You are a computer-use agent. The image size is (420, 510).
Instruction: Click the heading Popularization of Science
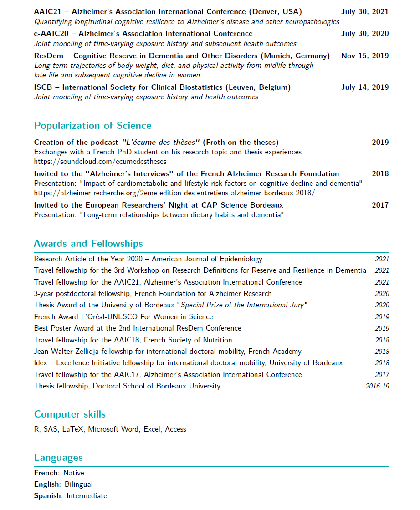click(92, 126)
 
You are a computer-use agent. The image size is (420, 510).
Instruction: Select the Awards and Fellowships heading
click(88, 244)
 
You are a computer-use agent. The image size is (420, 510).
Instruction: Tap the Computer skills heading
click(70, 414)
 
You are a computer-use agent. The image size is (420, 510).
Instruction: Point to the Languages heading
click(58, 458)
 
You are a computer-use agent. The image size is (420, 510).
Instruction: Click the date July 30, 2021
click(365, 11)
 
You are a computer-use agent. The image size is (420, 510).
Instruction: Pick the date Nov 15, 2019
click(365, 56)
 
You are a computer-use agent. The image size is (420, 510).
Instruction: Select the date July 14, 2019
click(365, 87)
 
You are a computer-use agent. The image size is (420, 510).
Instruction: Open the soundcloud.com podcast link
click(100, 161)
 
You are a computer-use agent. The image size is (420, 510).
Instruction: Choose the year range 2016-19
click(377, 386)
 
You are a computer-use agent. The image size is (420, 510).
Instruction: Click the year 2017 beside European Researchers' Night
click(380, 205)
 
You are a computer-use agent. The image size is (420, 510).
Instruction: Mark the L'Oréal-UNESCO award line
click(123, 316)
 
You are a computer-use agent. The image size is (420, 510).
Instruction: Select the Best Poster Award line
click(138, 328)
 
